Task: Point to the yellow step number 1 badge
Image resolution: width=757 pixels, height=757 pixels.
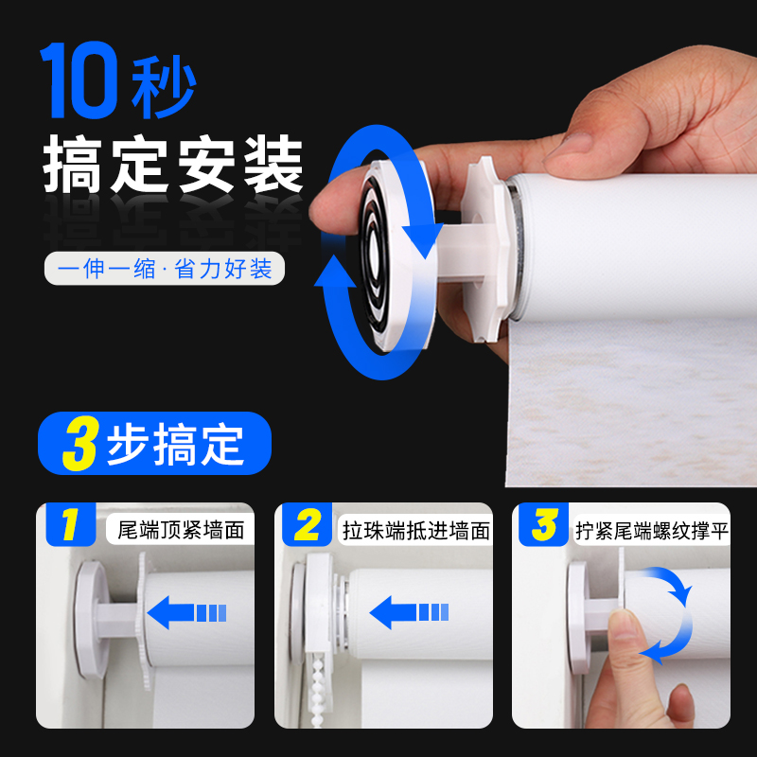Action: pyautogui.click(x=69, y=527)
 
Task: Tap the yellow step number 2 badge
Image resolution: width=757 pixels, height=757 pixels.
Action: pyautogui.click(x=308, y=527)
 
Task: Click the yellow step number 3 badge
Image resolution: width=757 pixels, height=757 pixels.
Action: pyautogui.click(x=544, y=527)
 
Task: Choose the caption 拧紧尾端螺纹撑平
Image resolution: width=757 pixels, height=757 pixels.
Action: pyautogui.click(x=653, y=529)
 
